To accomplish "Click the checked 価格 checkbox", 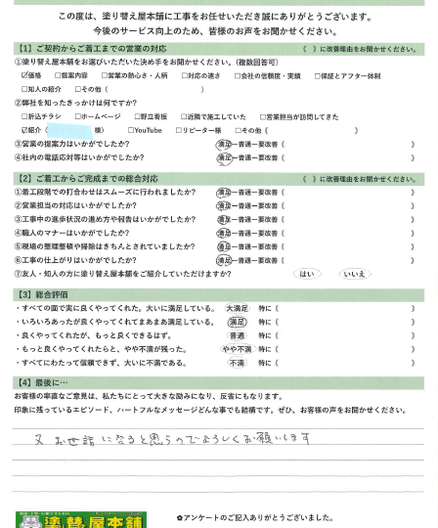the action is (24, 74).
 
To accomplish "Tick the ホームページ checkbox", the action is (78, 116).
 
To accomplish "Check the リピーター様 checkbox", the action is (179, 130).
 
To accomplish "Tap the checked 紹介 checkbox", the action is (24, 130).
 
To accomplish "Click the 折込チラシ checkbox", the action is (24, 116).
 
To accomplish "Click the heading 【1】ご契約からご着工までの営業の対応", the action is (92, 48).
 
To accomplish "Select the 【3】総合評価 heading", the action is (43, 293).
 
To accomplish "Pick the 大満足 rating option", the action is (237, 308).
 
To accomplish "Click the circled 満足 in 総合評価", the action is (237, 322).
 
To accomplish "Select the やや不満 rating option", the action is (237, 349).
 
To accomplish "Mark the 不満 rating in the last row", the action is (237, 363).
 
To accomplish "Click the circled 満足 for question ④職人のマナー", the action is (225, 234).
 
